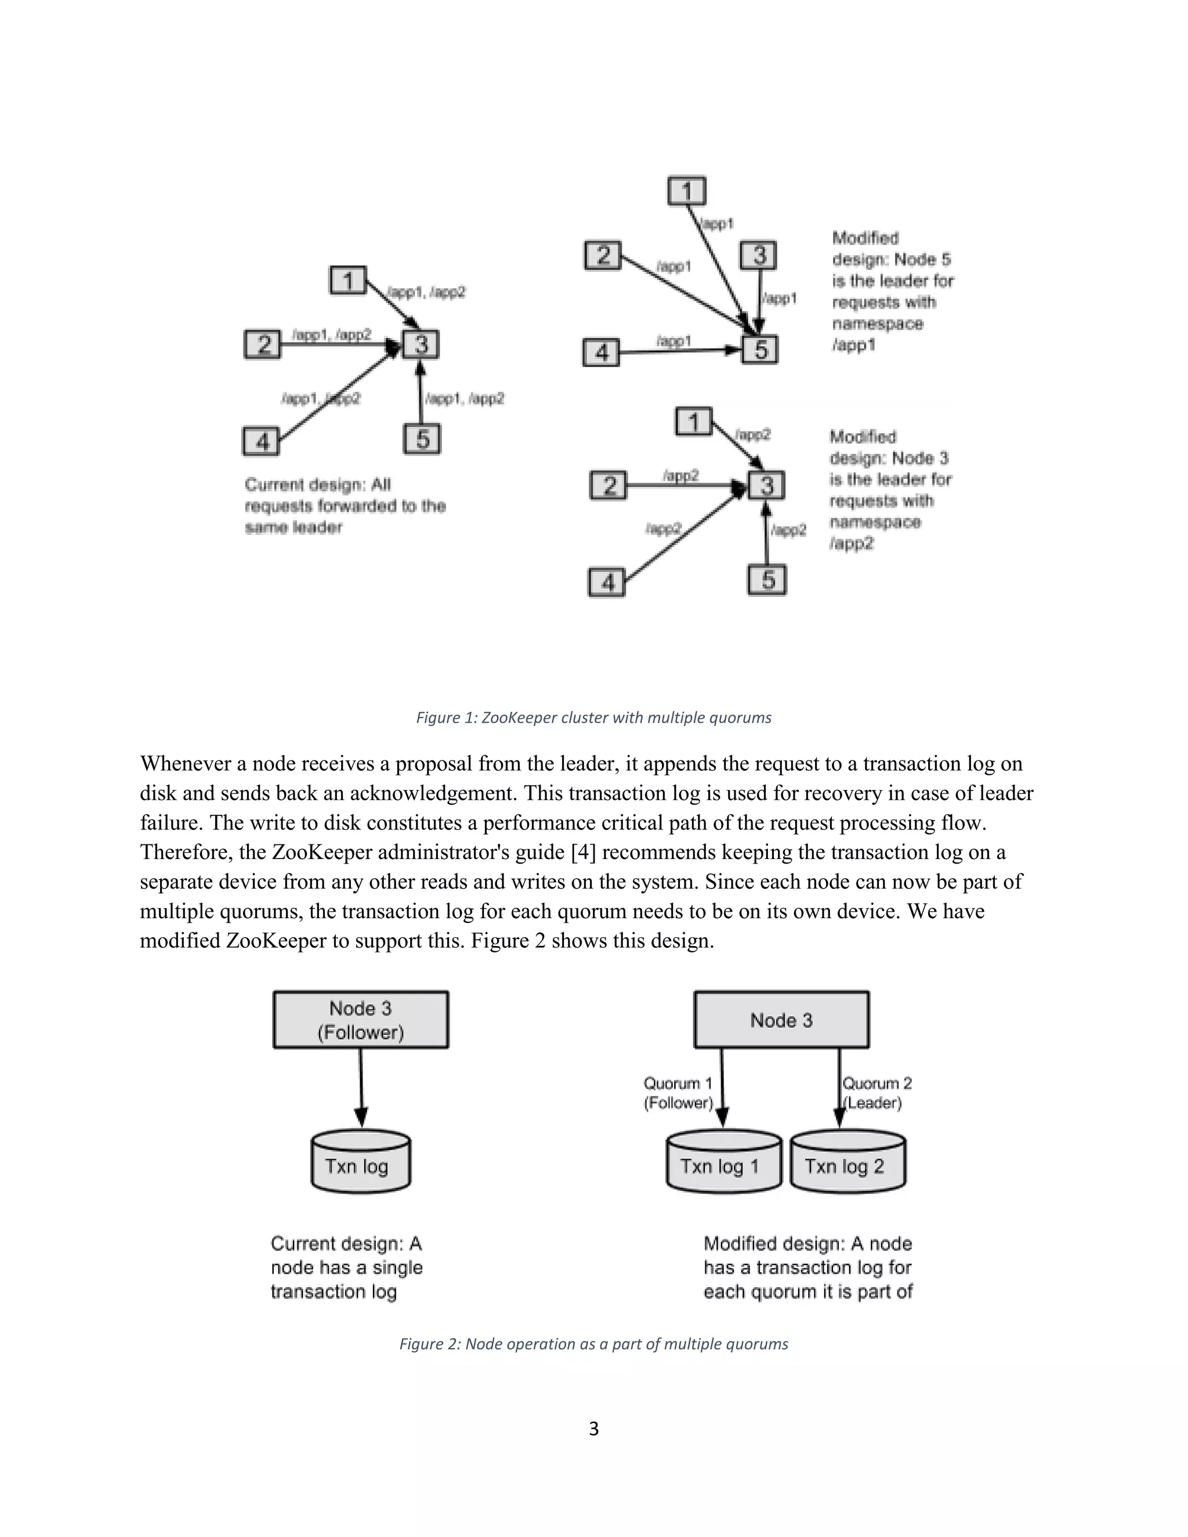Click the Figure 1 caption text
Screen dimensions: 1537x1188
(593, 718)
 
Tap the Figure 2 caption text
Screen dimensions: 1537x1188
(593, 1344)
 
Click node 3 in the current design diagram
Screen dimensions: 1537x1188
(421, 345)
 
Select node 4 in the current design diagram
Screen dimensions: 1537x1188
(262, 442)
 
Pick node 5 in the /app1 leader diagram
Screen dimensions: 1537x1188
(760, 350)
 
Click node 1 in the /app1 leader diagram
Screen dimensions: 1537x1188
(687, 191)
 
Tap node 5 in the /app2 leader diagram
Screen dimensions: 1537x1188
(767, 580)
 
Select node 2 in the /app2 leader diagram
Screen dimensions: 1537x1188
(609, 485)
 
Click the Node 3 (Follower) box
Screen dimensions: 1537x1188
(360, 1020)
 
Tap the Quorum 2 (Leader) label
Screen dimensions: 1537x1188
(876, 1093)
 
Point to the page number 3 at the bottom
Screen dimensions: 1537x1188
(593, 1429)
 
